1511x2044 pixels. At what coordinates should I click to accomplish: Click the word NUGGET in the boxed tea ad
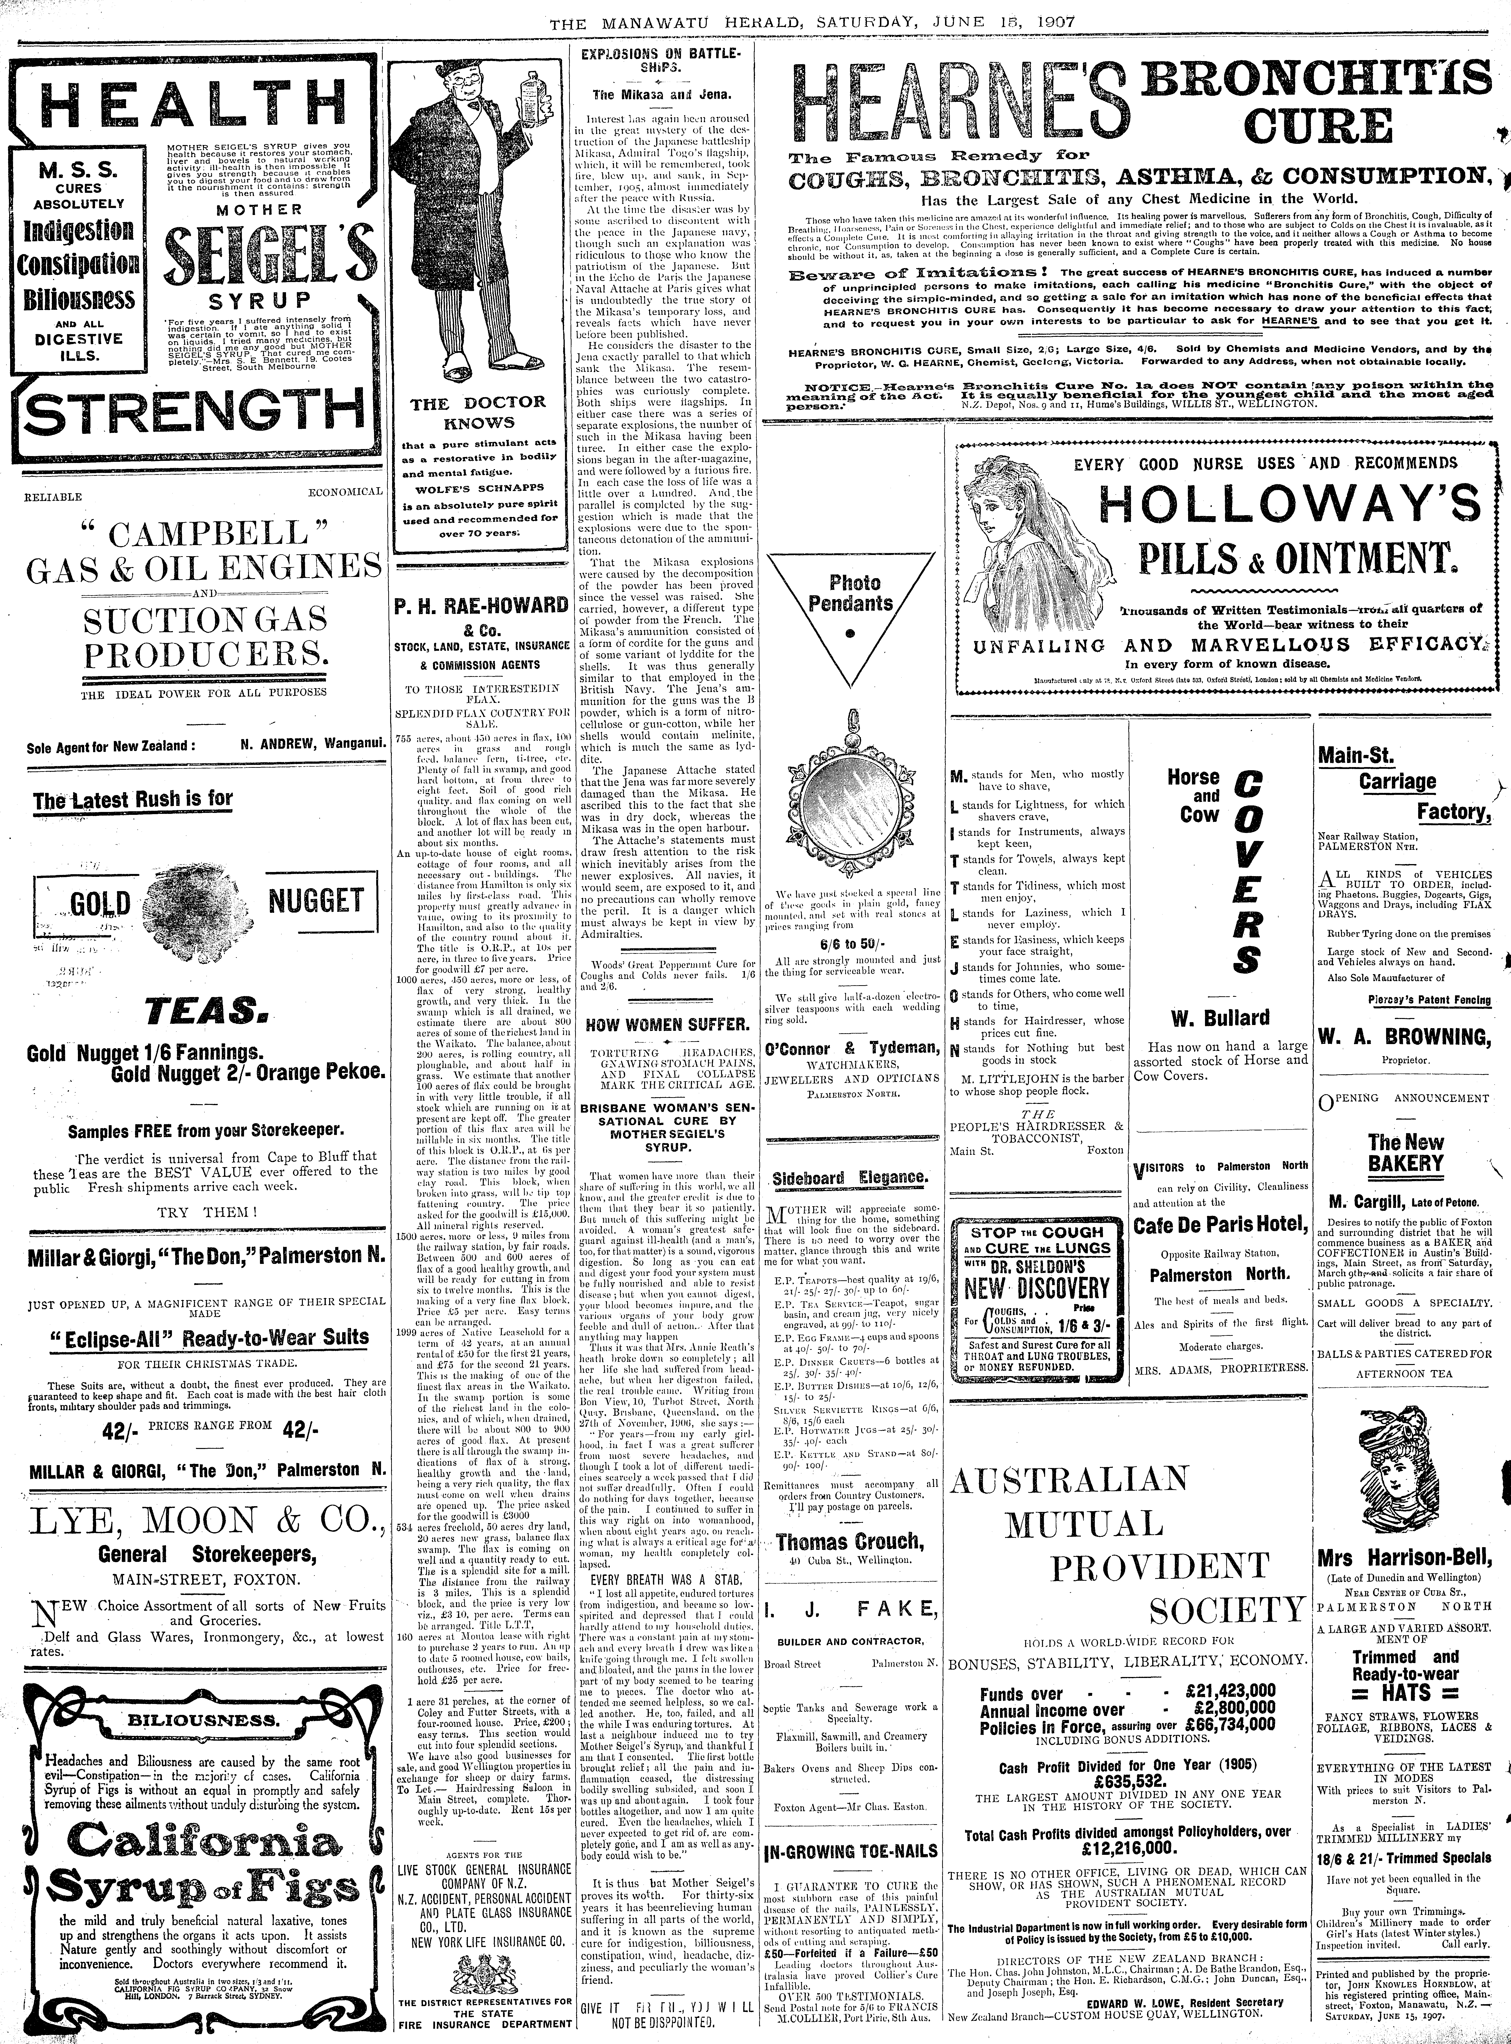[316, 900]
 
